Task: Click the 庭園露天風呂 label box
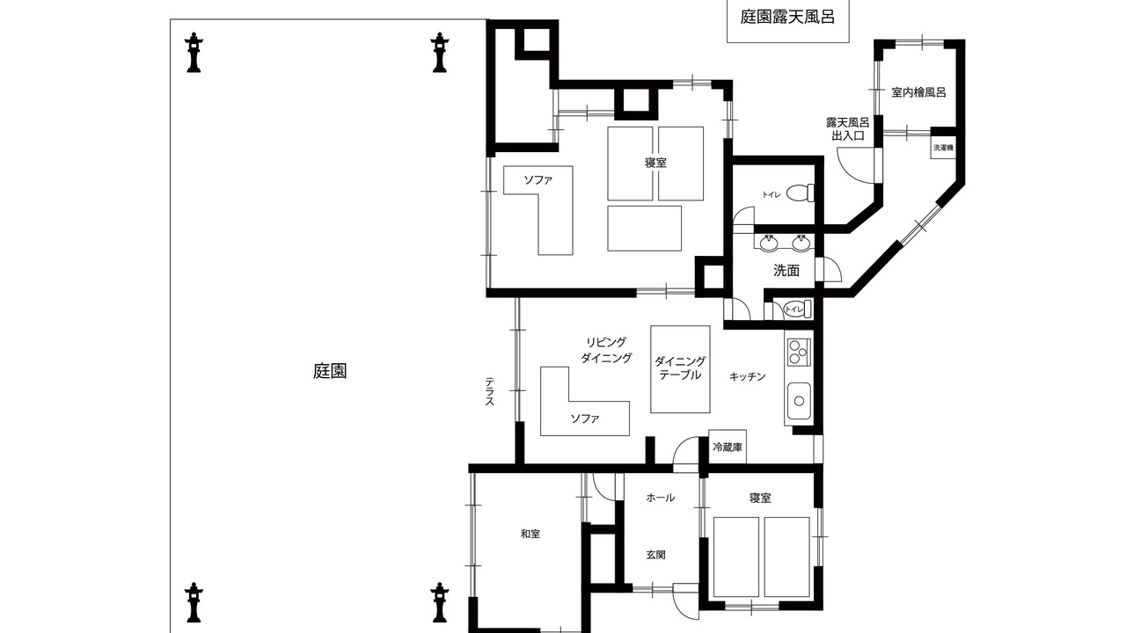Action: [x=788, y=21]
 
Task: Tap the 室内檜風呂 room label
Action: [x=918, y=92]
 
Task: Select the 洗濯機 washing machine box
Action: [x=943, y=148]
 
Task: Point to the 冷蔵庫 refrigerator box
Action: [x=728, y=446]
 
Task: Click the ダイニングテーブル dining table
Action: [x=680, y=369]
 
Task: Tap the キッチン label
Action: [x=748, y=376]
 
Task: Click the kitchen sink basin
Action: [x=799, y=400]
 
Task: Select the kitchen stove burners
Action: [x=798, y=353]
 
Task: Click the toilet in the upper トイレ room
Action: [x=801, y=193]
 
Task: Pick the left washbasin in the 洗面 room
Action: [x=769, y=243]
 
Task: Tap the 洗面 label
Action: [x=786, y=271]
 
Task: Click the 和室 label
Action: [x=530, y=534]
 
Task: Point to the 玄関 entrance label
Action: [x=656, y=555]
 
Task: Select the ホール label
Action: [x=661, y=498]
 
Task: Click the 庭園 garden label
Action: [x=330, y=371]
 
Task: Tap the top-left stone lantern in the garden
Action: [x=194, y=53]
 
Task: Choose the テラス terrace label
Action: [x=490, y=391]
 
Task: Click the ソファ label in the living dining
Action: [x=585, y=418]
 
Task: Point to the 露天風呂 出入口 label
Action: [x=847, y=128]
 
